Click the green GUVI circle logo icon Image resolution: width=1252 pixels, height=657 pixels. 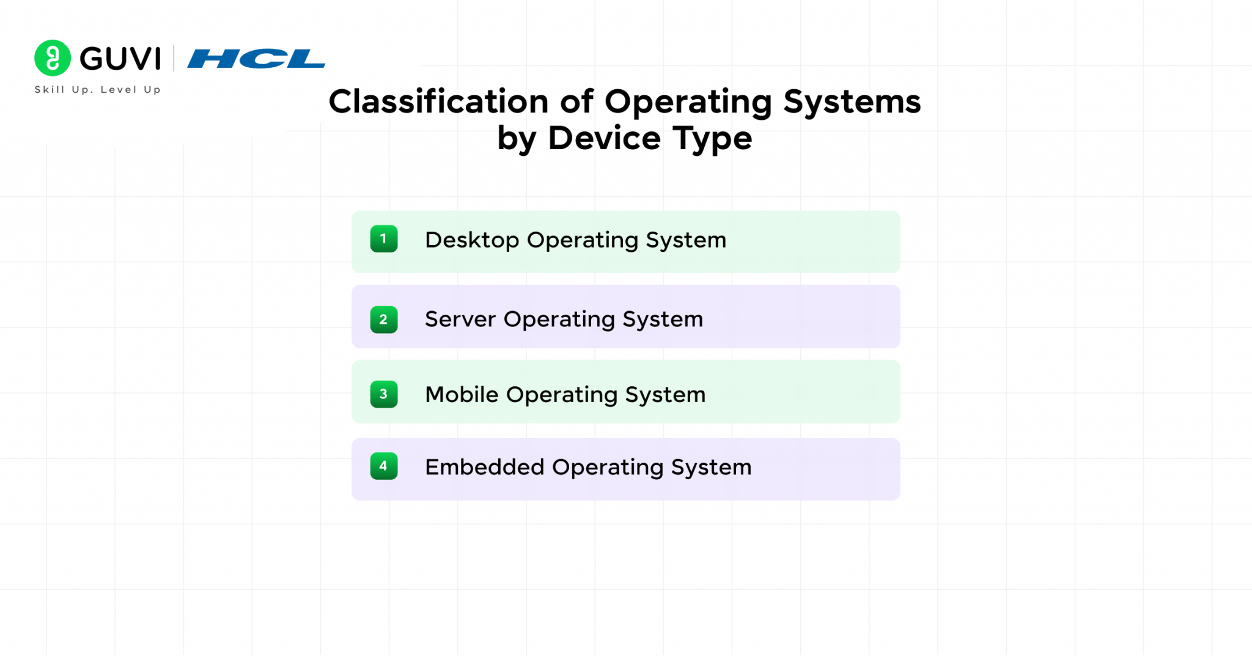pyautogui.click(x=53, y=58)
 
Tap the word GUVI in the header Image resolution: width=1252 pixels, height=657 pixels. pyautogui.click(x=120, y=59)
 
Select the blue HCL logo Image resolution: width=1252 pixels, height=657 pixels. pyautogui.click(x=256, y=59)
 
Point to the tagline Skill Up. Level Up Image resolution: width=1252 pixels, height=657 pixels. pyautogui.click(x=98, y=89)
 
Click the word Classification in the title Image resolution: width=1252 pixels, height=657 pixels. pyautogui.click(x=438, y=101)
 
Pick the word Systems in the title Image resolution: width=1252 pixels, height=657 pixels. pyautogui.click(x=852, y=101)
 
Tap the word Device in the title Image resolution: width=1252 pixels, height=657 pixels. pyautogui.click(x=604, y=138)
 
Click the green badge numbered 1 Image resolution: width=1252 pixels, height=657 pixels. pyautogui.click(x=384, y=239)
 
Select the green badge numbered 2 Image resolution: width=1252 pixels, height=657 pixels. pyautogui.click(x=384, y=320)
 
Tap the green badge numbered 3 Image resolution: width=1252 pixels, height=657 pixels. pyautogui.click(x=384, y=394)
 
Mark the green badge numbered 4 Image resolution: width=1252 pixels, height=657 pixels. pyautogui.click(x=384, y=466)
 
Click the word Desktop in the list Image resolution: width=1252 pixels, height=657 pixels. pyautogui.click(x=472, y=240)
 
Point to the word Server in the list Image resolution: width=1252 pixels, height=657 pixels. pyautogui.click(x=460, y=319)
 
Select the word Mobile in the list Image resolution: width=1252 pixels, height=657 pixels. pyautogui.click(x=462, y=394)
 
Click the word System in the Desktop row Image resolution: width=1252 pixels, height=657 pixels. pyautogui.click(x=686, y=240)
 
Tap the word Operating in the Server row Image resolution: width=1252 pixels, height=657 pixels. pyautogui.click(x=559, y=320)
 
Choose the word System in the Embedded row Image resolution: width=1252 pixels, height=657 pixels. pyautogui.click(x=711, y=468)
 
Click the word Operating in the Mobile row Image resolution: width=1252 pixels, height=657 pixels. pyautogui.click(x=561, y=395)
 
